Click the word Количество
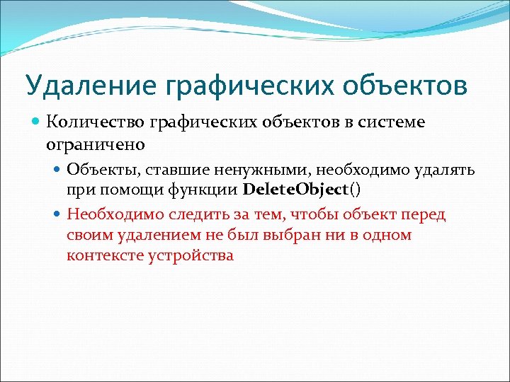(96, 122)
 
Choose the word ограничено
(96, 144)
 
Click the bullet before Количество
(37, 122)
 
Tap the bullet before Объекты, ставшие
(57, 170)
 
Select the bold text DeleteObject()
(302, 190)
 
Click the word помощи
(133, 190)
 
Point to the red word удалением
(150, 235)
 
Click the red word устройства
(191, 255)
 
